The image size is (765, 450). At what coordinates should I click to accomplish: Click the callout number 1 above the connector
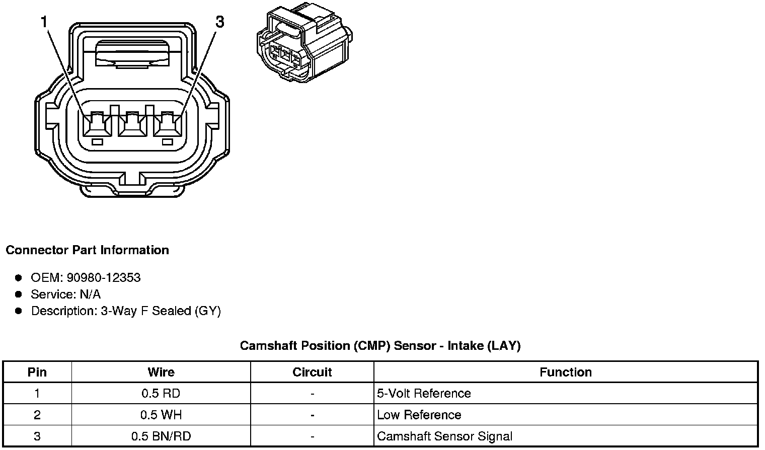(x=45, y=22)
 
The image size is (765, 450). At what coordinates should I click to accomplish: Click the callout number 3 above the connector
(x=219, y=22)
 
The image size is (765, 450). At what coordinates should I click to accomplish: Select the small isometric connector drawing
(x=305, y=44)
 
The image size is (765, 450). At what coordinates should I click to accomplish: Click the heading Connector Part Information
(x=87, y=250)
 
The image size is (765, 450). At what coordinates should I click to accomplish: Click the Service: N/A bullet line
(x=65, y=294)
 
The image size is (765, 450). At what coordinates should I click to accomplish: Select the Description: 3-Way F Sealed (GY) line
(x=126, y=311)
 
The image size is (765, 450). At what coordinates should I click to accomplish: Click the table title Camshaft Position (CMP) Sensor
(x=380, y=346)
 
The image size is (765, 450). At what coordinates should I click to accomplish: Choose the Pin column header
(x=37, y=372)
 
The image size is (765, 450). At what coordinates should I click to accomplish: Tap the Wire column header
(x=161, y=372)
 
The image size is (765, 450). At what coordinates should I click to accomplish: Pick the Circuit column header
(x=312, y=372)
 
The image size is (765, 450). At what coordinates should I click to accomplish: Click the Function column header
(x=566, y=372)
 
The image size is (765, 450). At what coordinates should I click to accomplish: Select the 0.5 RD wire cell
(x=161, y=394)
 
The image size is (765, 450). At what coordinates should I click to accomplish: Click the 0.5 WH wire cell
(x=161, y=415)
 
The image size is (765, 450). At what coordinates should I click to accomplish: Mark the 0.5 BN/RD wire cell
(x=161, y=436)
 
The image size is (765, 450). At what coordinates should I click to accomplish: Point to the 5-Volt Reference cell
(x=424, y=394)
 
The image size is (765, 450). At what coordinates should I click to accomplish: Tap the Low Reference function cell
(x=419, y=415)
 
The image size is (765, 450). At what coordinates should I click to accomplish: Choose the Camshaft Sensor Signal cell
(x=444, y=436)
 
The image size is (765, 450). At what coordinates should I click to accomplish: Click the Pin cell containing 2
(x=37, y=415)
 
